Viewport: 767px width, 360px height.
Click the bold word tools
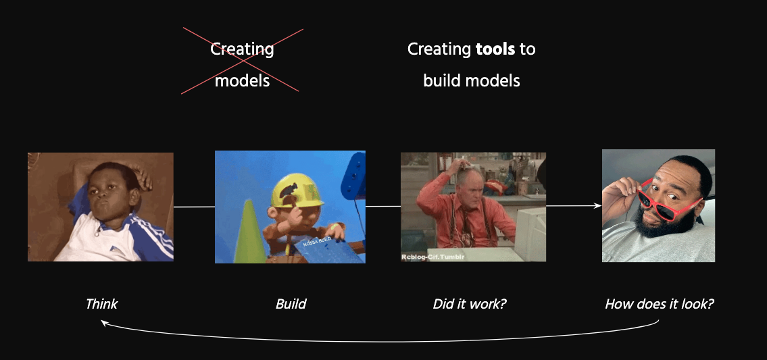click(495, 49)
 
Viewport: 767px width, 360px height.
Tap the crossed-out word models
click(242, 80)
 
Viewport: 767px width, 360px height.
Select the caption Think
click(101, 304)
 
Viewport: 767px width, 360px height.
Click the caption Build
click(291, 304)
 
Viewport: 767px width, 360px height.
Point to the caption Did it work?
click(470, 304)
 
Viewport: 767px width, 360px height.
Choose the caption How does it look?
click(660, 304)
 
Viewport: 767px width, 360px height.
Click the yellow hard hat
click(297, 192)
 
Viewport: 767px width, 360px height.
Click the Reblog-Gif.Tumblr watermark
click(433, 257)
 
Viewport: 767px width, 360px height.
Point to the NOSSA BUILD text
click(318, 242)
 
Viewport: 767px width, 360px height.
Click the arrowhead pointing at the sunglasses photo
click(598, 206)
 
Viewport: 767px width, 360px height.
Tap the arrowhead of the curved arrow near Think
click(103, 322)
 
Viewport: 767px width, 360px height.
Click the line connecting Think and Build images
click(194, 207)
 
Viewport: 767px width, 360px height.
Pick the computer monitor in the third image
click(530, 234)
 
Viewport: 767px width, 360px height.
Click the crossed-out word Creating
click(242, 49)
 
